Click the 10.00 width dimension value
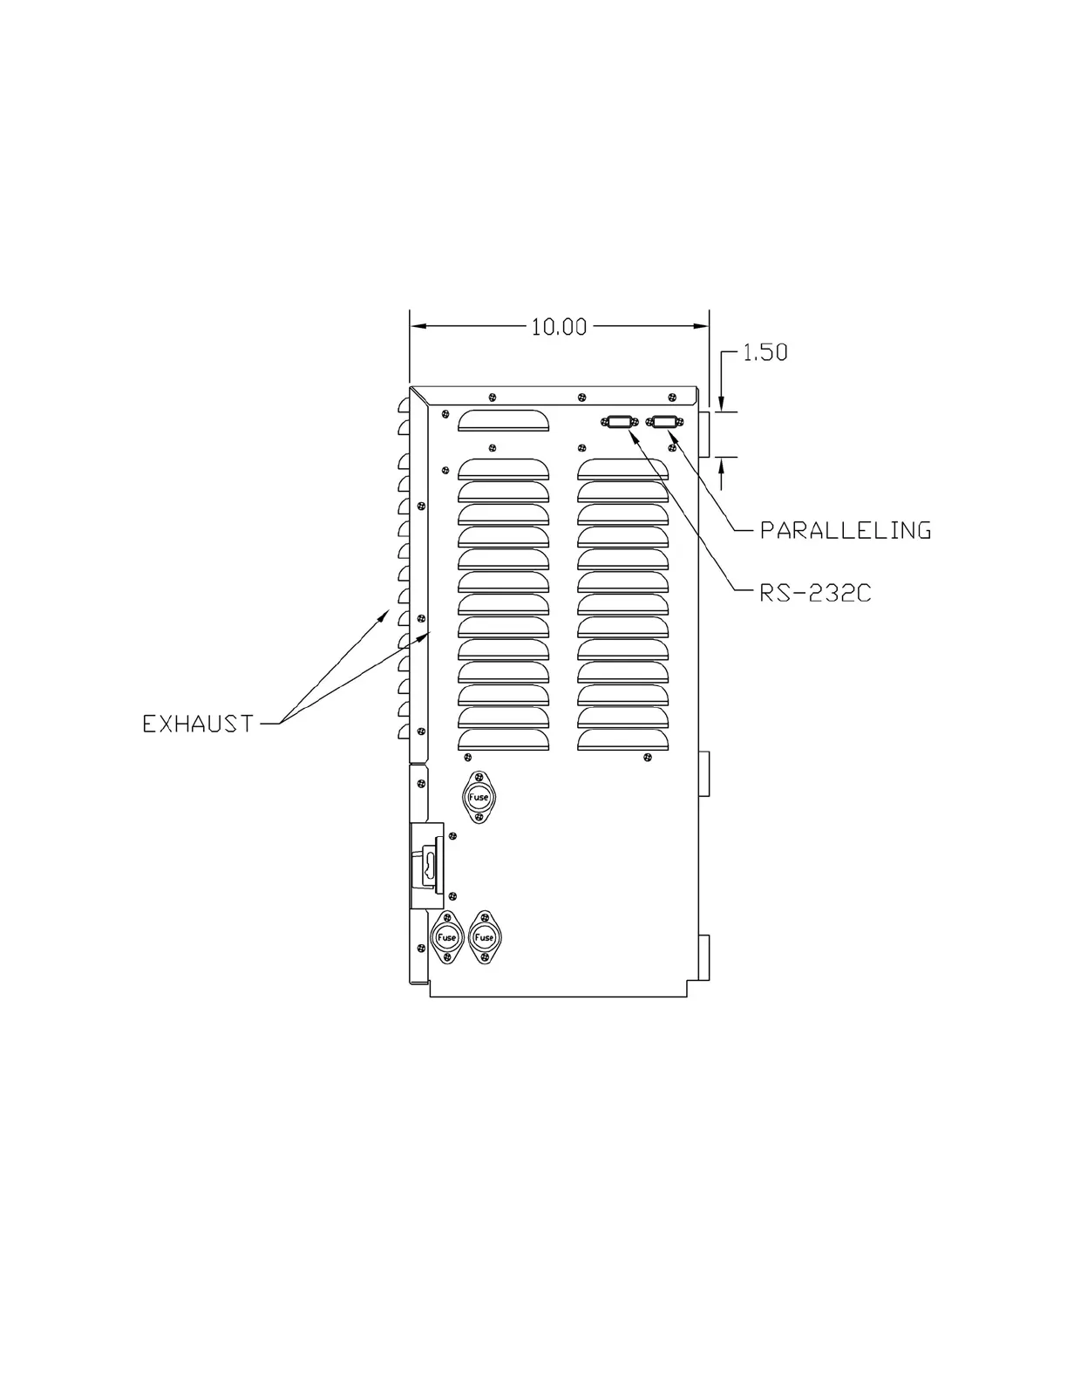point(559,327)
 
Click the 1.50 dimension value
point(765,352)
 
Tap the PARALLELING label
point(845,530)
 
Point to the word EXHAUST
point(198,723)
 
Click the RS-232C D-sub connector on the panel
point(618,422)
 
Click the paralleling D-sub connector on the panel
point(665,422)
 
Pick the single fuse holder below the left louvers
point(479,797)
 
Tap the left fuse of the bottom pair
point(446,937)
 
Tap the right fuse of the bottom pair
point(484,937)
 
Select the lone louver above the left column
point(504,421)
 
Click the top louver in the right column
point(622,469)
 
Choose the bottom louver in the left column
point(504,739)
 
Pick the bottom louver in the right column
point(622,739)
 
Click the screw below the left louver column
point(469,757)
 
